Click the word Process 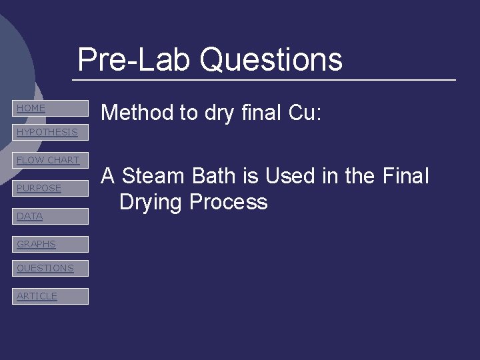[x=228, y=202]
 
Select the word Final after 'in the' [x=406, y=177]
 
